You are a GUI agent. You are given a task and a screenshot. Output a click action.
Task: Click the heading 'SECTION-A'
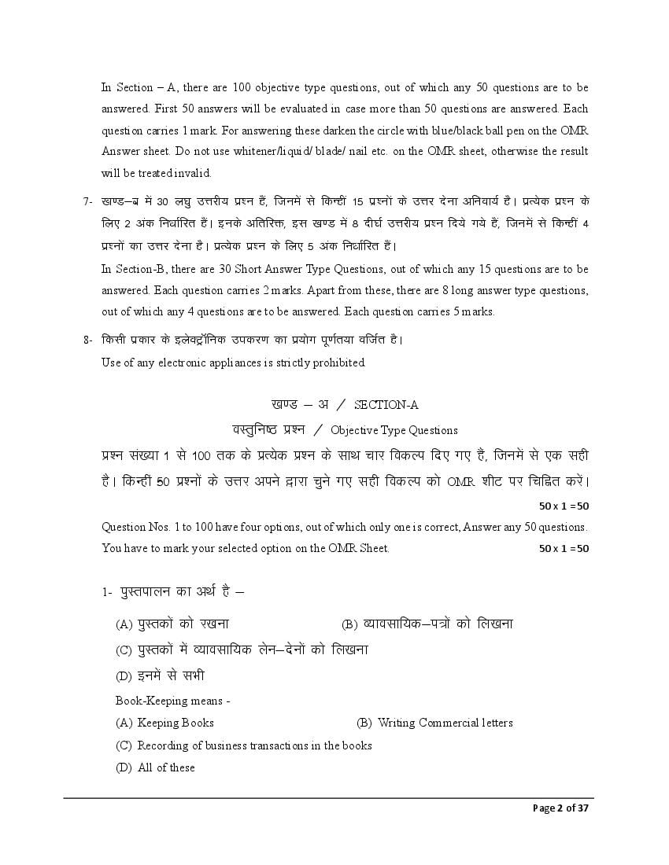coord(386,405)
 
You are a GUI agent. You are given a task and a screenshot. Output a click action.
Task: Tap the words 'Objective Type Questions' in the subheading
coord(394,430)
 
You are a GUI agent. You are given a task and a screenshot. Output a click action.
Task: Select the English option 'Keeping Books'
coord(176,723)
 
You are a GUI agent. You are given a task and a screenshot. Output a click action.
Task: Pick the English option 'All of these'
coord(166,767)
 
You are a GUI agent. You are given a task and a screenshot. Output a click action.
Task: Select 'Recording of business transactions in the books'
coord(254,745)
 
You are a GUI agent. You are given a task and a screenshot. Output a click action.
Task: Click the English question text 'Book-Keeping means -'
coord(172,701)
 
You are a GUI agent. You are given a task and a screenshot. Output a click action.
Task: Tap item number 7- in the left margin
coord(89,201)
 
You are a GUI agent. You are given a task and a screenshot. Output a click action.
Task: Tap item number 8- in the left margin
coord(89,340)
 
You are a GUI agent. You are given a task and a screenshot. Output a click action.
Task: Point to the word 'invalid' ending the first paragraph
coord(194,173)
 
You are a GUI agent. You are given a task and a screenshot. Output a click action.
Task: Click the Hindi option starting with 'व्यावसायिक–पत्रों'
coord(438,624)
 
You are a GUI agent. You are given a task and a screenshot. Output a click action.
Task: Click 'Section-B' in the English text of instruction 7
coord(143,269)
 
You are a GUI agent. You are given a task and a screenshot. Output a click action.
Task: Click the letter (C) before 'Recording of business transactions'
coord(124,745)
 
